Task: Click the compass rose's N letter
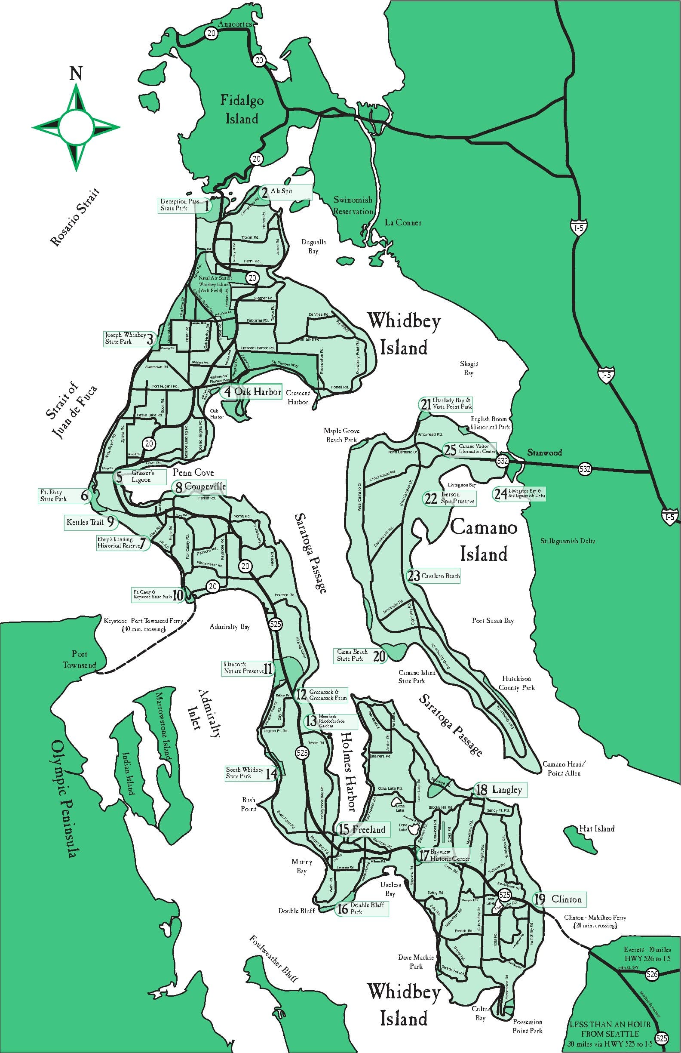(x=76, y=74)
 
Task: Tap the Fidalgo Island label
(x=242, y=109)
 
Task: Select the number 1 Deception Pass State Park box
(x=184, y=205)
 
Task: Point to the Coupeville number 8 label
(x=200, y=486)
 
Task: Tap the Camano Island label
(x=483, y=541)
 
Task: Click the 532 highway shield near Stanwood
(x=502, y=461)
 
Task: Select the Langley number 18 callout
(x=500, y=790)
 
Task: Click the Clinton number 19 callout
(x=560, y=899)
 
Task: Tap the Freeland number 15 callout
(x=363, y=830)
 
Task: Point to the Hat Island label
(x=597, y=829)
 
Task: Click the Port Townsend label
(x=79, y=659)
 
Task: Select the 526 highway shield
(x=652, y=973)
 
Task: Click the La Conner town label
(x=403, y=222)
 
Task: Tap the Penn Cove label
(x=193, y=472)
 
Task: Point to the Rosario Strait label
(x=75, y=217)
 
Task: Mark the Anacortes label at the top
(x=235, y=24)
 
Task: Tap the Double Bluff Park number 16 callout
(x=362, y=908)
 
